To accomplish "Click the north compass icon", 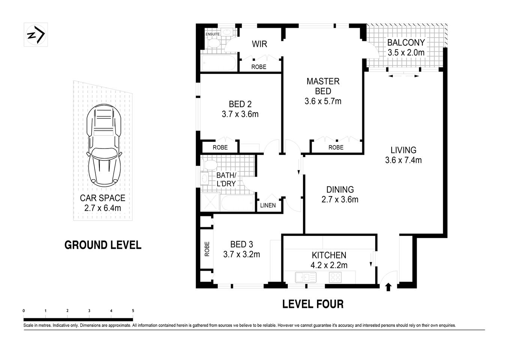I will (x=36, y=35).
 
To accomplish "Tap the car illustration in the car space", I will (x=104, y=146).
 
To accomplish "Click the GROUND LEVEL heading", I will (x=103, y=245).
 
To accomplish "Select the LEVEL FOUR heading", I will (x=313, y=304).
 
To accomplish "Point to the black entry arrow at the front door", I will (x=388, y=287).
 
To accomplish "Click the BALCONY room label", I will (x=406, y=43).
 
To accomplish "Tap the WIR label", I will (x=259, y=44).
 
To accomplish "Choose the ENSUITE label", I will (x=213, y=34).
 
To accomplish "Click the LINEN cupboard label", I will (x=268, y=205).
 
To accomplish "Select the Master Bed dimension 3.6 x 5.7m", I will (x=323, y=101).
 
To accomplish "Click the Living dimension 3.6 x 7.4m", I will (x=403, y=160).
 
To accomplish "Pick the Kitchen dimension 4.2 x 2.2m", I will (x=329, y=265).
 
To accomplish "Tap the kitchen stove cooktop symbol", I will (x=335, y=277).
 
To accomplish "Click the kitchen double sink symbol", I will (x=305, y=277).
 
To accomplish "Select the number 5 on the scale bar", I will (x=133, y=311).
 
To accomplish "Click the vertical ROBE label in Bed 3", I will (x=207, y=249).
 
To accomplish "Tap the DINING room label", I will (x=340, y=190).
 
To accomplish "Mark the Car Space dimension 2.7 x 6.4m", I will (x=103, y=208).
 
